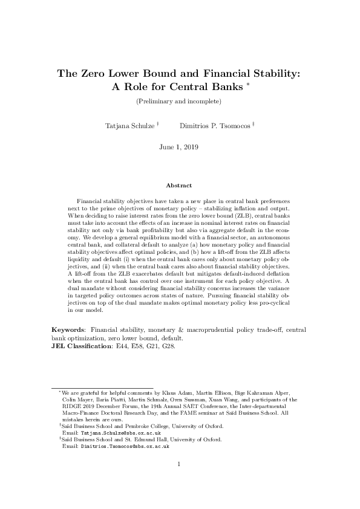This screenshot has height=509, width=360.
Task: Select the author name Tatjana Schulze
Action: tap(130, 125)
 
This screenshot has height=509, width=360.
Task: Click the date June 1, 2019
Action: tap(179, 147)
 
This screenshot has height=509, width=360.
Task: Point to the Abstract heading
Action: tap(179, 186)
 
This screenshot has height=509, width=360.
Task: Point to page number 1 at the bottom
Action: tap(180, 464)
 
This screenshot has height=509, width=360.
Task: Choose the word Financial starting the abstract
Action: tap(90, 200)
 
